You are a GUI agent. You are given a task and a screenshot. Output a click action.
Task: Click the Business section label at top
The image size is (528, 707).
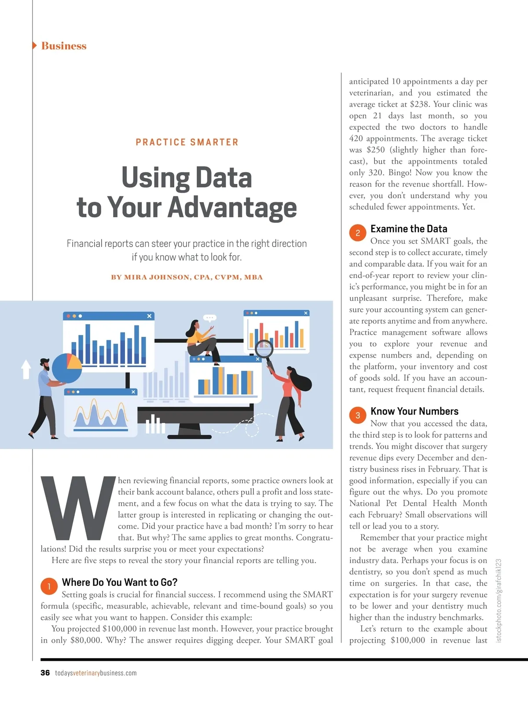(x=63, y=46)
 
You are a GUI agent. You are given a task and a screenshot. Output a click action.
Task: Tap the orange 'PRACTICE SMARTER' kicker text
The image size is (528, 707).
(x=187, y=142)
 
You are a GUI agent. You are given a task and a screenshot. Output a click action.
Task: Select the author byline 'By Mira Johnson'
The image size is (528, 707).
(x=187, y=277)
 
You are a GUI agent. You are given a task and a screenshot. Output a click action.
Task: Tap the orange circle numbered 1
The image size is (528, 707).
(x=49, y=586)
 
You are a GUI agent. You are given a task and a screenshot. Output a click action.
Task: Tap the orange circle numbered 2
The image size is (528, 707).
(x=358, y=233)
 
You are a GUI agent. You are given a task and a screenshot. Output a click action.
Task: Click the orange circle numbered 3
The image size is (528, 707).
(x=358, y=415)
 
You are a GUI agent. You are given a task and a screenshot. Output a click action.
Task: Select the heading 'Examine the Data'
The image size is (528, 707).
(x=409, y=229)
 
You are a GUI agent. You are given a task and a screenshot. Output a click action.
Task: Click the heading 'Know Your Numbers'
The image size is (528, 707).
(x=414, y=411)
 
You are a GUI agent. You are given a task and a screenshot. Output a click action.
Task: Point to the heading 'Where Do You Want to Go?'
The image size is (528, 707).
(x=120, y=582)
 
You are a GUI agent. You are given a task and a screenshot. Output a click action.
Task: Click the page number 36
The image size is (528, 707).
(x=45, y=673)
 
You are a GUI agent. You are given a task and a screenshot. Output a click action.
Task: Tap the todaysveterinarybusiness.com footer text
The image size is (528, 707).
(x=96, y=673)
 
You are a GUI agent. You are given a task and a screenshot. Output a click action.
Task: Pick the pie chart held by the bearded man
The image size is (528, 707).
(x=66, y=368)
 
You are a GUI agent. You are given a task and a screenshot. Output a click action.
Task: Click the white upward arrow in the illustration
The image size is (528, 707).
(x=26, y=369)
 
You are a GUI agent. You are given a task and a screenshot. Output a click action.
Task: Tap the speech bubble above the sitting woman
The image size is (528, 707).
(x=209, y=317)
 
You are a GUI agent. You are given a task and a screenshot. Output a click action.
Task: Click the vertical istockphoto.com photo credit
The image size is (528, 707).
(x=499, y=600)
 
